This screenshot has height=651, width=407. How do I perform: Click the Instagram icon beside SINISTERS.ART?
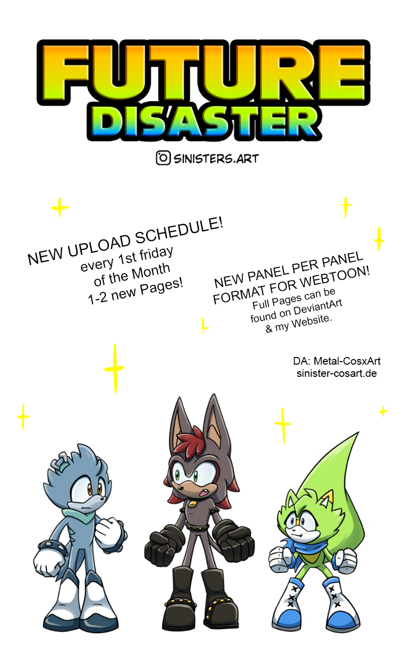[x=163, y=158]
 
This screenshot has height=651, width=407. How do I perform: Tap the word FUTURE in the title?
[x=203, y=72]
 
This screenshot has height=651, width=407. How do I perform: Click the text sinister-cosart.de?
[x=337, y=373]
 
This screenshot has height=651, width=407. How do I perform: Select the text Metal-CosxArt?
[x=347, y=361]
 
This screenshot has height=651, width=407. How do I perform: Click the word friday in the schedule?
[x=156, y=254]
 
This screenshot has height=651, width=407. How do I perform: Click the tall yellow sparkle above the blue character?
[x=114, y=369]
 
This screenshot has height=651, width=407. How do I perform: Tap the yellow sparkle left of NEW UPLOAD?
[x=60, y=207]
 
